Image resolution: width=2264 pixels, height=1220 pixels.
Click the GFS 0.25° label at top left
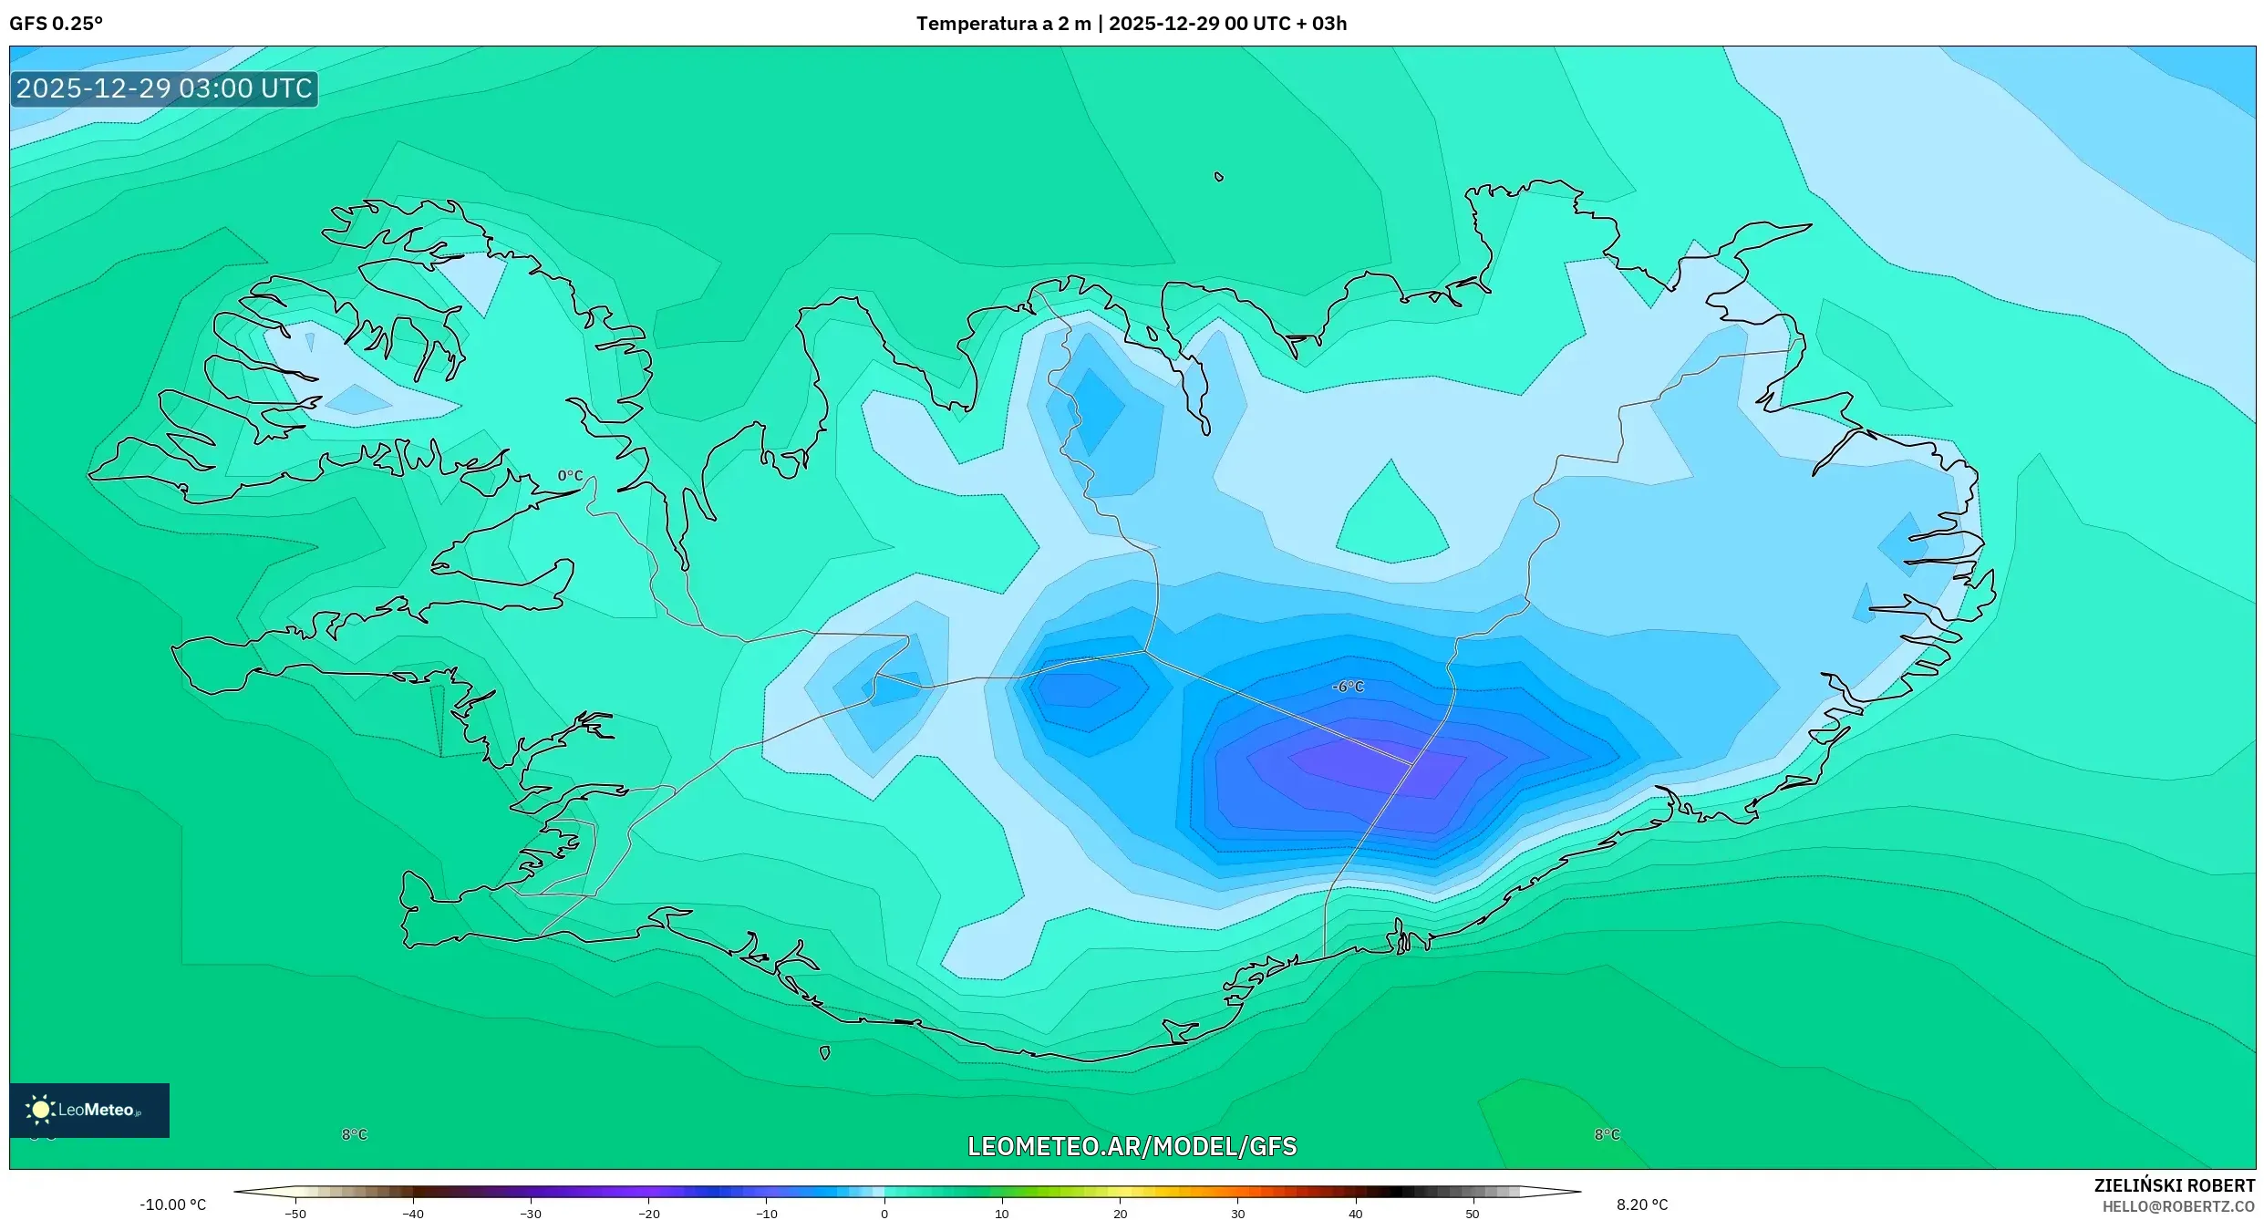point(56,24)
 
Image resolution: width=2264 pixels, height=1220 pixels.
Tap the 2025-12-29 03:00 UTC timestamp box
point(164,89)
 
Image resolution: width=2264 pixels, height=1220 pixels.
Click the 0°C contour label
point(570,476)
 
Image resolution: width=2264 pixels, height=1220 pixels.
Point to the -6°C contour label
point(1348,687)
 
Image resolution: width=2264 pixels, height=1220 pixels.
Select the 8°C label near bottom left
point(355,1134)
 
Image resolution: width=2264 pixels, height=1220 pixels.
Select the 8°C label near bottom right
point(1607,1134)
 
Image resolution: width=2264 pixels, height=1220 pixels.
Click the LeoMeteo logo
point(89,1110)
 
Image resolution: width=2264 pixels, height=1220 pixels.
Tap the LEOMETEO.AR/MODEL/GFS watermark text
point(1132,1146)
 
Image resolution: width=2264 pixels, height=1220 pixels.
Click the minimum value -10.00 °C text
point(172,1204)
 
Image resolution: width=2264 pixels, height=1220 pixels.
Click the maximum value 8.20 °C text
point(1641,1204)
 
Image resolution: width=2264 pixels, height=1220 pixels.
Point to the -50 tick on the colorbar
point(295,1213)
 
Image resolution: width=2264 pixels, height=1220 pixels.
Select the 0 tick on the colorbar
point(884,1213)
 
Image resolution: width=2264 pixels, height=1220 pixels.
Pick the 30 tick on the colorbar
point(1237,1213)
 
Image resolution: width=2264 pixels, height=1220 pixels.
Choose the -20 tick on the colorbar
point(648,1213)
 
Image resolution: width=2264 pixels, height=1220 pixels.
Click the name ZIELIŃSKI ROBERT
point(2174,1185)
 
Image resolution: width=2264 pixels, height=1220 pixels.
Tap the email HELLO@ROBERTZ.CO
point(2178,1206)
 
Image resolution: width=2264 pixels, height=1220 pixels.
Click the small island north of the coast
point(1219,177)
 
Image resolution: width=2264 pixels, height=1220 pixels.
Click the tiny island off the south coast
point(824,1053)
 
